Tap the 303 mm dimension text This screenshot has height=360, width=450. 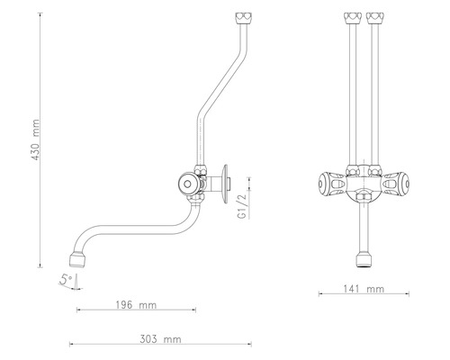(160, 340)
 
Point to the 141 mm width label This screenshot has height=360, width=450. (364, 289)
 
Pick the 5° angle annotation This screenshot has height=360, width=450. (64, 280)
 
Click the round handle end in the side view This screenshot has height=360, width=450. (187, 185)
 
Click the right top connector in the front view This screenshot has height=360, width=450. (374, 17)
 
